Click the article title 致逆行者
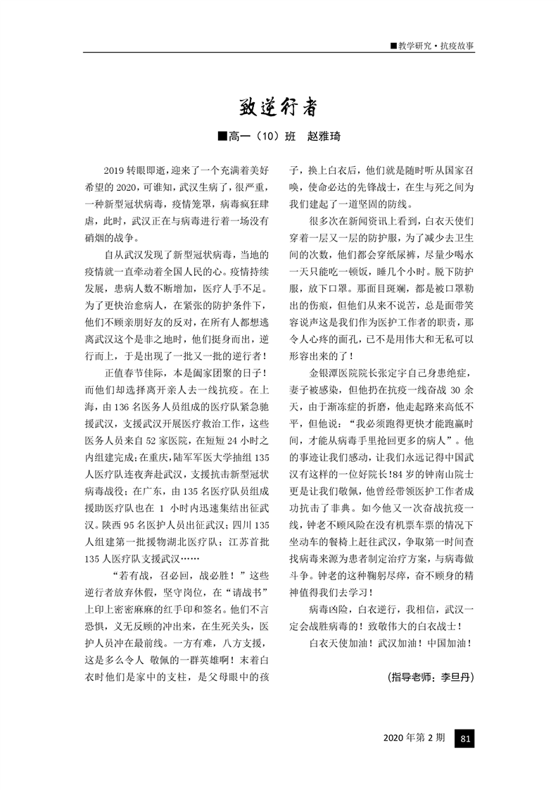pos(279,108)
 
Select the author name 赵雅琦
pos(324,137)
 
